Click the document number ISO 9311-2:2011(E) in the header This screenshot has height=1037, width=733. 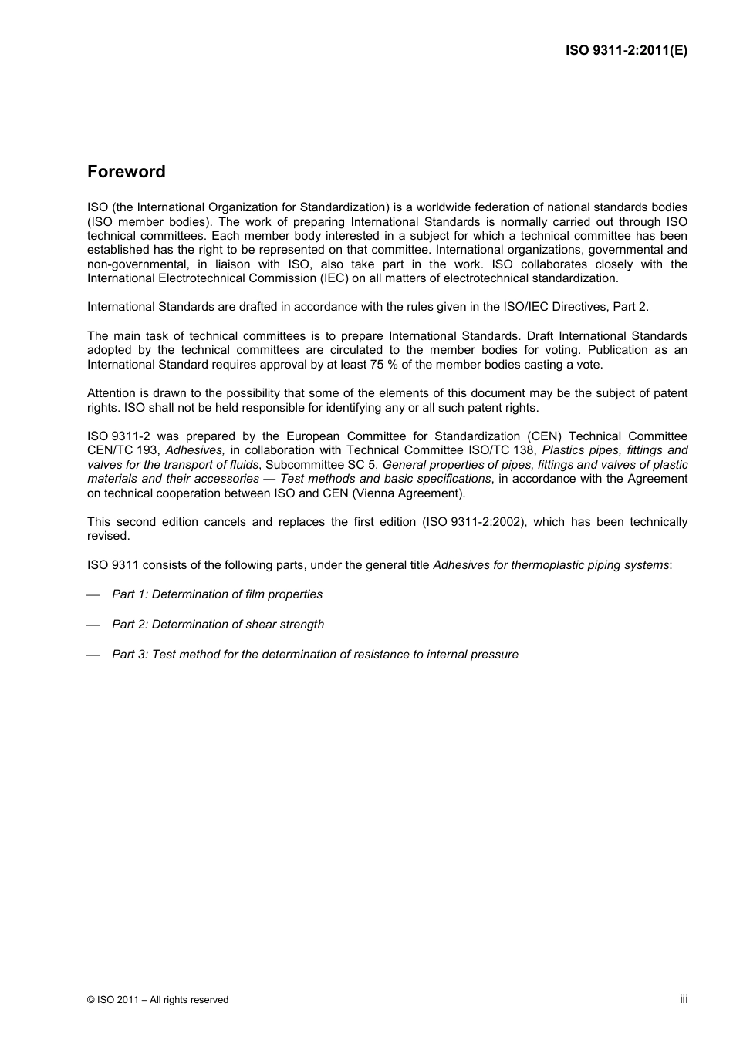[x=626, y=51]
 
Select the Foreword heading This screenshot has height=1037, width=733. [x=126, y=172]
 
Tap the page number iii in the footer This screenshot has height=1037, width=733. [x=683, y=999]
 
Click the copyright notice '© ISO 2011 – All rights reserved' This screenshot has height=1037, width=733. [x=157, y=1000]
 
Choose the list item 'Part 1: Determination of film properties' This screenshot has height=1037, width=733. [x=217, y=594]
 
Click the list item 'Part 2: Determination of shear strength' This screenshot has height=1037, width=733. [x=218, y=625]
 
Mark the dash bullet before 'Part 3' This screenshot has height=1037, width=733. [x=94, y=655]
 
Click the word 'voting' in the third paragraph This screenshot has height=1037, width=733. [x=559, y=350]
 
